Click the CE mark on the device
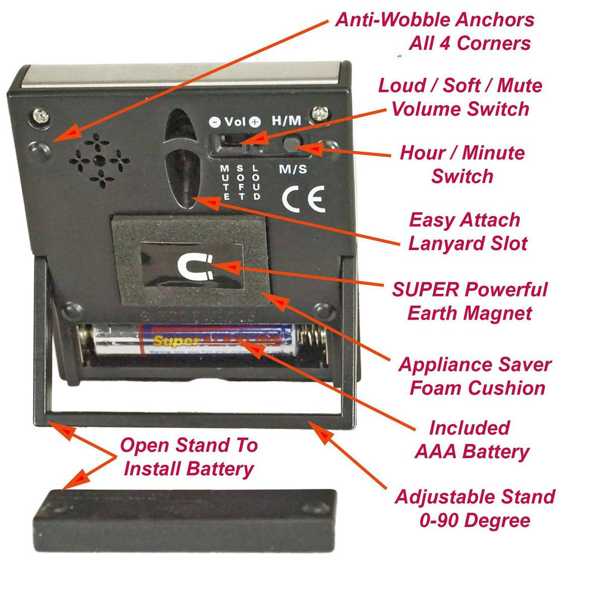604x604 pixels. (303, 199)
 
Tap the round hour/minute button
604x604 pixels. (291, 144)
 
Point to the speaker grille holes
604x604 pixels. (100, 161)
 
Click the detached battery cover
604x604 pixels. (185, 520)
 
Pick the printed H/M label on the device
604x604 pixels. (286, 121)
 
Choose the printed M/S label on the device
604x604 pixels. (292, 169)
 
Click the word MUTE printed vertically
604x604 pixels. (225, 182)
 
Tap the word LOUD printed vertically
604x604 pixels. (257, 182)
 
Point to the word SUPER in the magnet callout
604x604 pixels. (426, 290)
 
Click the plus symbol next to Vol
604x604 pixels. (255, 121)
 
